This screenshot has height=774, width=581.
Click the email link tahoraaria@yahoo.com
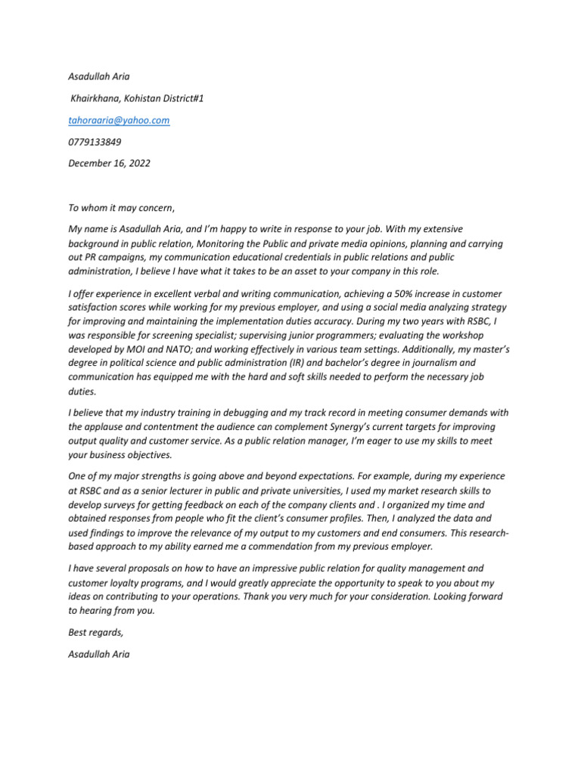pyautogui.click(x=119, y=120)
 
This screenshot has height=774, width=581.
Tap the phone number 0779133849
pyautogui.click(x=95, y=141)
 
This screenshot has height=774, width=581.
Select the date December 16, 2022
pyautogui.click(x=109, y=163)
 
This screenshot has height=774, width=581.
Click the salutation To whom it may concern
pyautogui.click(x=121, y=208)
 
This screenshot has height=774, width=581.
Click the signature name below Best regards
pyautogui.click(x=99, y=654)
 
